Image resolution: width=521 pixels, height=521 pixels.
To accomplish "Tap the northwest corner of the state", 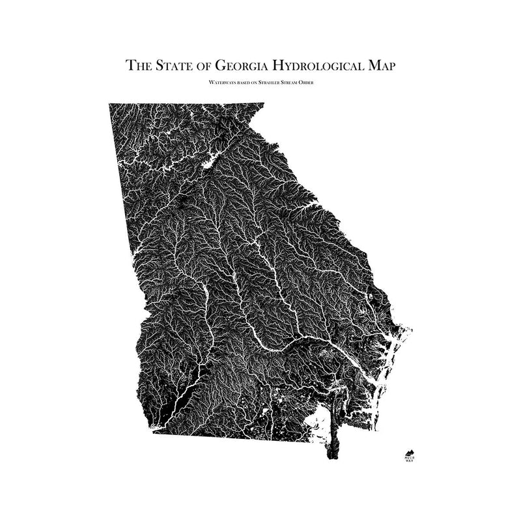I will pos(110,104).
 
